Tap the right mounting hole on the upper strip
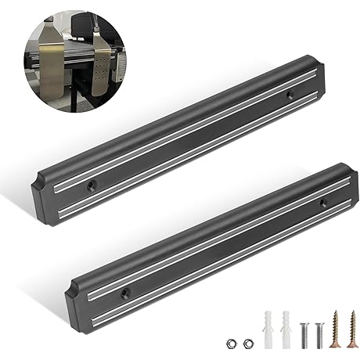[289, 95]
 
